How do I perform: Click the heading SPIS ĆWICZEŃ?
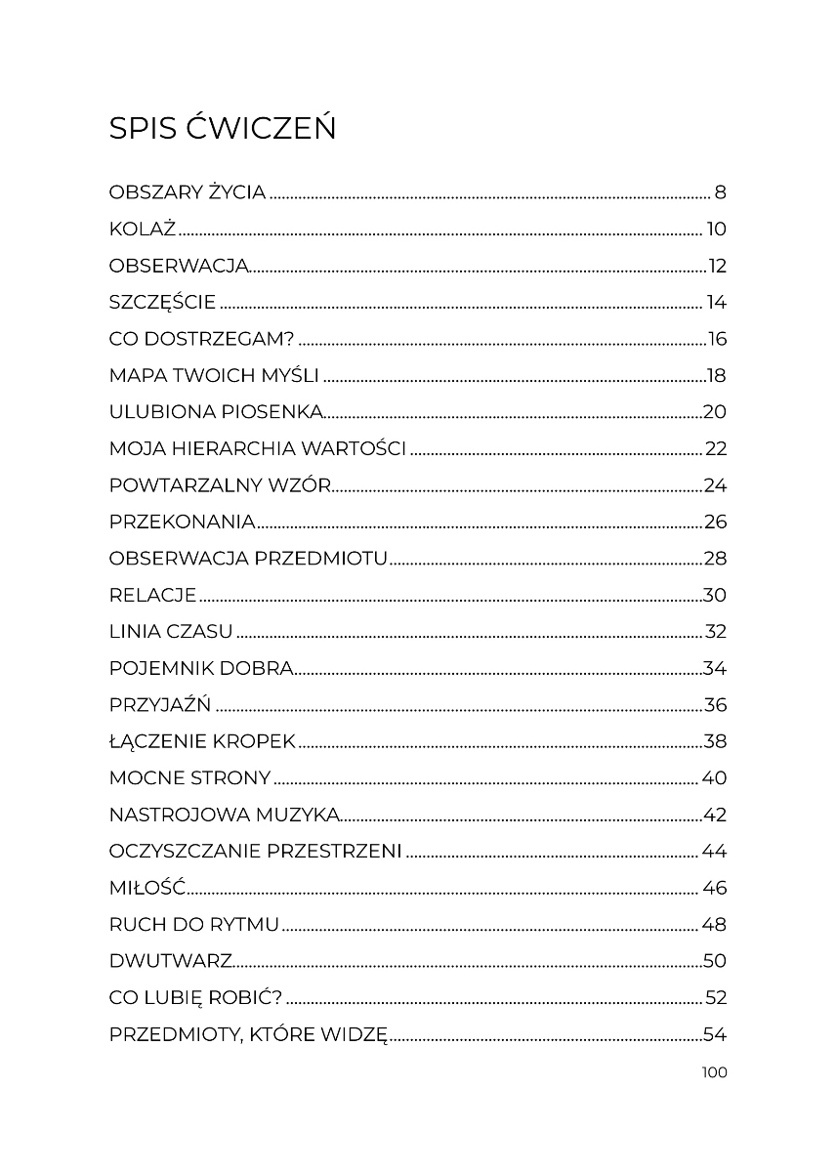point(223,128)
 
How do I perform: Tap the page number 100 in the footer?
point(714,1072)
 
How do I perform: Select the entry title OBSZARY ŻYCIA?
point(188,192)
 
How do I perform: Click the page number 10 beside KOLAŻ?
point(717,230)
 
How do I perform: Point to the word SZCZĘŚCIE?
point(162,303)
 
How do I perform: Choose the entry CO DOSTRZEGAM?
point(202,340)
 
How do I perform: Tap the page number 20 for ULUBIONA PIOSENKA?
point(715,412)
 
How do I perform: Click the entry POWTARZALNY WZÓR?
point(221,485)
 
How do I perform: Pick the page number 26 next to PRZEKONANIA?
point(715,523)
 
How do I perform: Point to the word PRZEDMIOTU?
point(321,559)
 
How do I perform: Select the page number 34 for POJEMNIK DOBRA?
point(715,669)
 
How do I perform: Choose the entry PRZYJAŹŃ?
point(160,705)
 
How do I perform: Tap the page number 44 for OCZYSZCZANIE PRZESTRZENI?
point(714,852)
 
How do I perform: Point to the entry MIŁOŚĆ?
point(147,889)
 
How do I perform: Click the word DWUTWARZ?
point(171,962)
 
